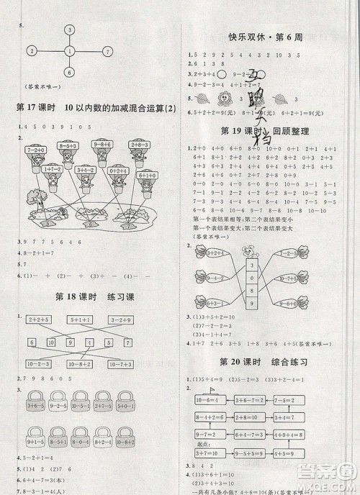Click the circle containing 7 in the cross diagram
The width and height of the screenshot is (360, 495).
click(x=107, y=51)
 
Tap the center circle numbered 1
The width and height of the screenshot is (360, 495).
click(x=69, y=51)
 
